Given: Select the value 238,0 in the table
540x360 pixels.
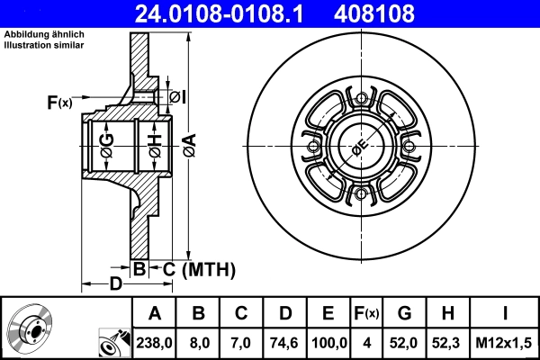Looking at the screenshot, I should [154, 342].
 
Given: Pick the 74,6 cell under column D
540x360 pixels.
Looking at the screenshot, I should [285, 342].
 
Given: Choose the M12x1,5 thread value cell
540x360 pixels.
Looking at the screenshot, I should [505, 342].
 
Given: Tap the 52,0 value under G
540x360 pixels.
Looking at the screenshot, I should [404, 342].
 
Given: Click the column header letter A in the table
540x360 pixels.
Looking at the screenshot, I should [154, 313].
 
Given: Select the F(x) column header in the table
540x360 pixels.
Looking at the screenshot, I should [367, 313].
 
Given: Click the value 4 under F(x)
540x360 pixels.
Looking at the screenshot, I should [367, 342].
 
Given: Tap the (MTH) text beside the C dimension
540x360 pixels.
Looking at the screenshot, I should [208, 269].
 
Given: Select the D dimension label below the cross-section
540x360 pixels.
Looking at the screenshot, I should [115, 285].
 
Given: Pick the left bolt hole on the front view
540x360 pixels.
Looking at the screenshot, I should [312, 148].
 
